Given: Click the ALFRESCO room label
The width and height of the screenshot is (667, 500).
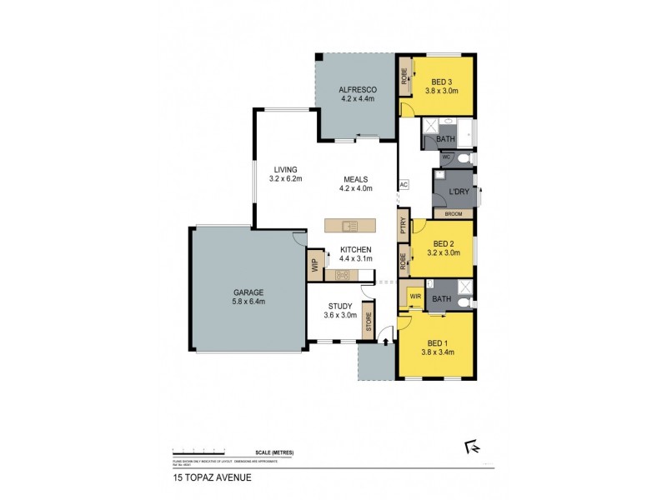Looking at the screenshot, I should click(x=359, y=89).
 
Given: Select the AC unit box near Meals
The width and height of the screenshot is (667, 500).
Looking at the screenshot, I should click(x=404, y=185).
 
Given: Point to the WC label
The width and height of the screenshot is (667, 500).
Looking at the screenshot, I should click(x=446, y=157).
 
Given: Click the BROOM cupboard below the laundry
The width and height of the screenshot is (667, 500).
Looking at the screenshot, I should click(x=453, y=214).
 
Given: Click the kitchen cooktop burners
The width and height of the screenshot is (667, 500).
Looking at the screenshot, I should click(x=342, y=274).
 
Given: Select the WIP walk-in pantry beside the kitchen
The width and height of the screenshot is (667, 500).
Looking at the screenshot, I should click(x=314, y=265).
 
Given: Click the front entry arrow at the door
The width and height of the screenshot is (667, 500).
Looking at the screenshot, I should click(x=385, y=336).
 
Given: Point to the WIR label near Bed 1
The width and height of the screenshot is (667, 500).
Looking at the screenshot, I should click(x=414, y=297).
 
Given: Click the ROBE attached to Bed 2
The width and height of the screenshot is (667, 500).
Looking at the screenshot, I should click(x=404, y=260).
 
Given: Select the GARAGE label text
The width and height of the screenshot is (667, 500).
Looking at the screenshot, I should click(x=248, y=292).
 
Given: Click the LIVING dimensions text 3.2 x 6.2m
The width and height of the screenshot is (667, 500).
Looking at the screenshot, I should click(x=285, y=178).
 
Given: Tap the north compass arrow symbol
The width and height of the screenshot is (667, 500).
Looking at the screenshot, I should click(x=473, y=447).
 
